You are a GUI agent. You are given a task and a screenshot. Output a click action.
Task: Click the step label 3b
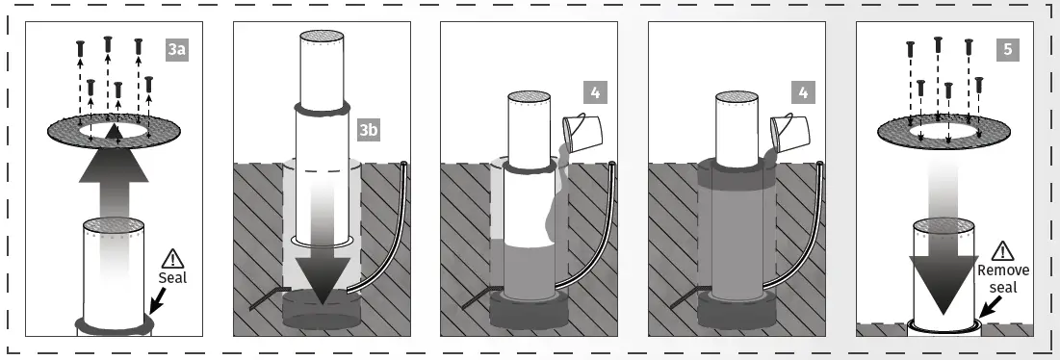[x=369, y=130]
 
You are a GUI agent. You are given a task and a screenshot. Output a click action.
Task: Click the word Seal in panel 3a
[x=172, y=277]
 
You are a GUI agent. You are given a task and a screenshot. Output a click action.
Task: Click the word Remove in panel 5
[x=1003, y=270]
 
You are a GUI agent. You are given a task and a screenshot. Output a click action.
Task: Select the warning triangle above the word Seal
[x=173, y=259]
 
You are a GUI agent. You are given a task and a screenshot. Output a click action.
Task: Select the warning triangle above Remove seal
[x=1002, y=251]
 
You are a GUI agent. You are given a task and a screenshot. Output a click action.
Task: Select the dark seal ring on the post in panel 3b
[x=323, y=108]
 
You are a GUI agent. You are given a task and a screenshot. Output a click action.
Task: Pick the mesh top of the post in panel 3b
[x=323, y=35]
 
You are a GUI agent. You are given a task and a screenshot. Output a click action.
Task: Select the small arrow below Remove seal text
[x=990, y=307]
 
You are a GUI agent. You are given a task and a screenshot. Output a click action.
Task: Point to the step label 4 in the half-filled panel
[x=595, y=92]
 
